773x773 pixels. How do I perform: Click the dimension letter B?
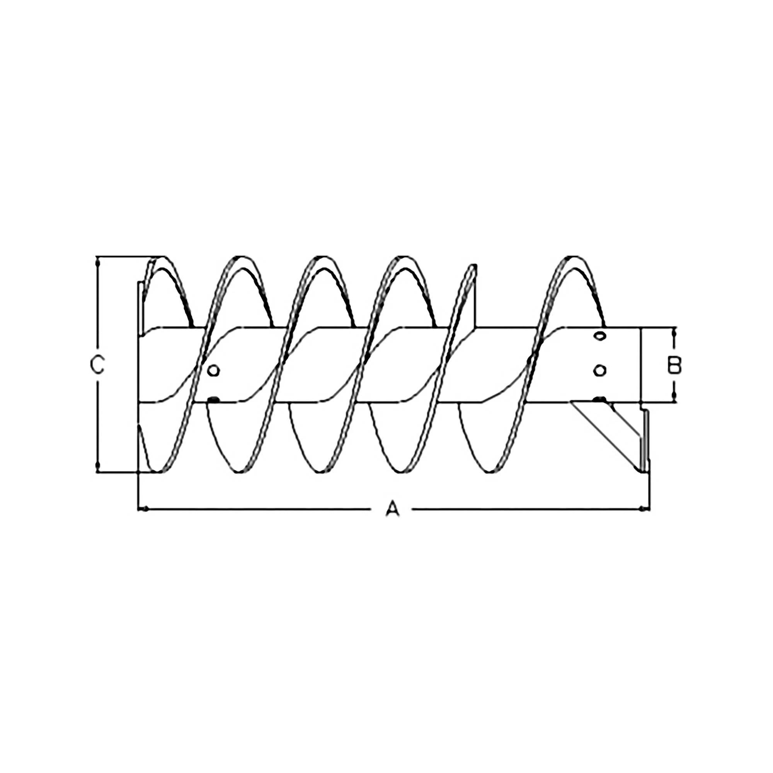(674, 365)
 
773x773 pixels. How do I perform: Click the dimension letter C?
(97, 365)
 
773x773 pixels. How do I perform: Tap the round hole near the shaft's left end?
(214, 371)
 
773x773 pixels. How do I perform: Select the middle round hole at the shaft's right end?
(599, 371)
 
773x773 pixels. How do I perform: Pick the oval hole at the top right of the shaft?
(599, 337)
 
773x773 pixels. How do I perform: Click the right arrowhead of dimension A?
(643, 509)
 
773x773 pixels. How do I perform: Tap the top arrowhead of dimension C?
(97, 262)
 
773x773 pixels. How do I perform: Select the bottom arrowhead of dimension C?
(97, 466)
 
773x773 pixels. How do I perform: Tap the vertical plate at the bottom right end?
(645, 440)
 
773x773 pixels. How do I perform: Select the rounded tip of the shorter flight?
(474, 266)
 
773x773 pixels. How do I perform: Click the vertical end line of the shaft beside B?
(641, 365)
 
